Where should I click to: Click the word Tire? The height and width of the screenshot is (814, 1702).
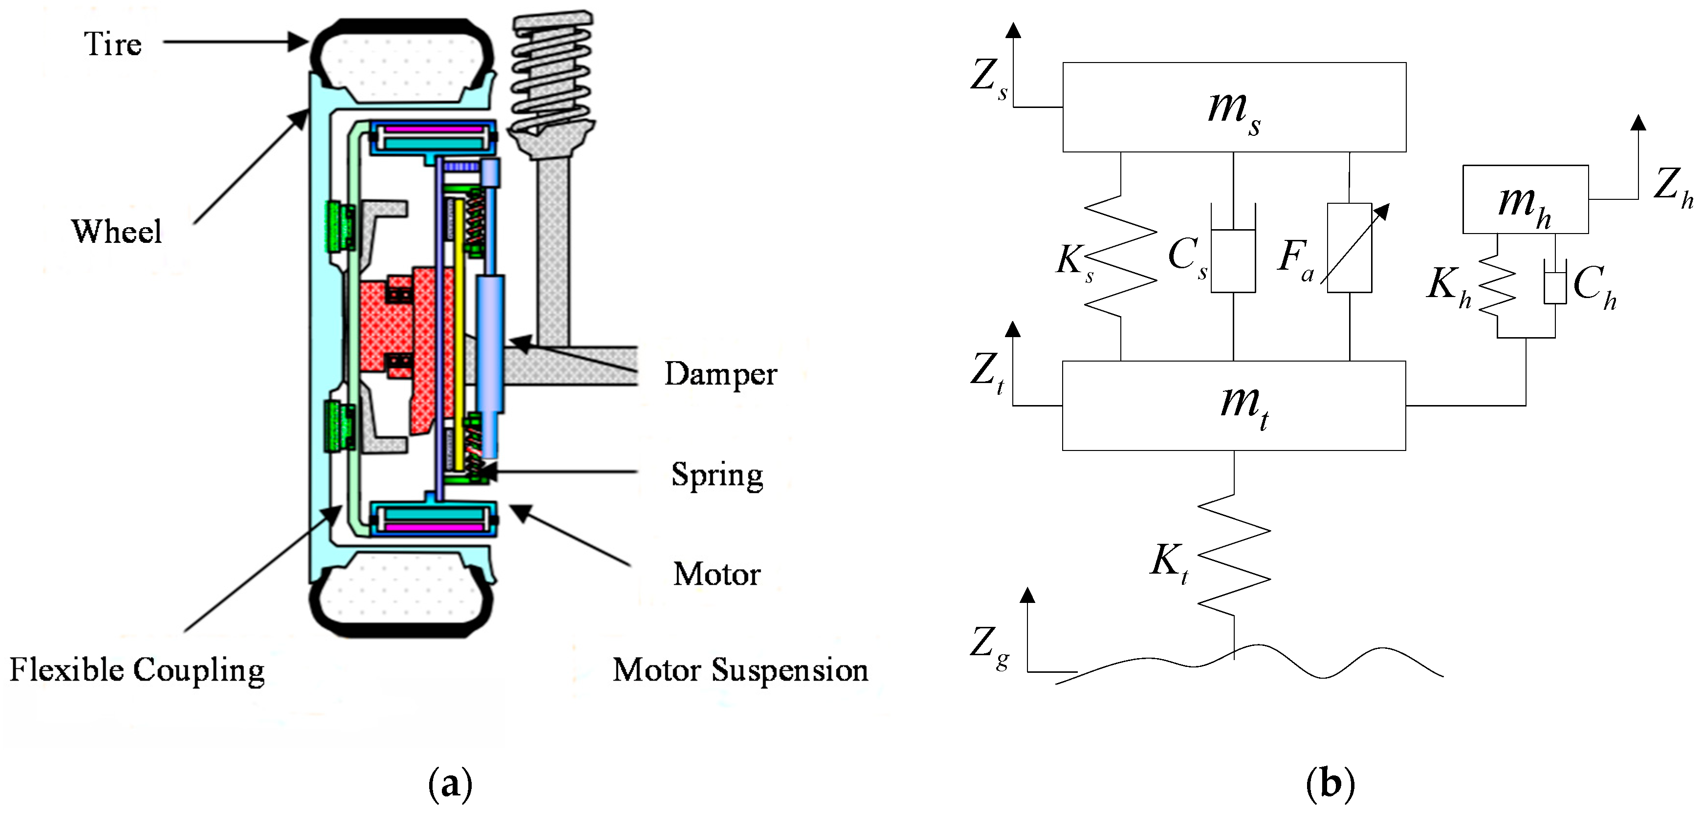(x=112, y=44)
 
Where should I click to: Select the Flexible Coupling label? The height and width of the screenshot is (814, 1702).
(x=137, y=670)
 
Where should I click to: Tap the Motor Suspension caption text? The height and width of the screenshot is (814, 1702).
(x=740, y=670)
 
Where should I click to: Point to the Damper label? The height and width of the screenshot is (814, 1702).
(x=720, y=374)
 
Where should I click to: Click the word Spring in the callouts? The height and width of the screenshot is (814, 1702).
(x=717, y=474)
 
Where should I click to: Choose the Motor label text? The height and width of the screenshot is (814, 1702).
(x=717, y=574)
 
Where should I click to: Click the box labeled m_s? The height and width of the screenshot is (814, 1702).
(x=1234, y=107)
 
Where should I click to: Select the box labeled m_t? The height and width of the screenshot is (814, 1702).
(x=1234, y=406)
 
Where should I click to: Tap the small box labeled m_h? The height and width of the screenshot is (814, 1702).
(x=1525, y=199)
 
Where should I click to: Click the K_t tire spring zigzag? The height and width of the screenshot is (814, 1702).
(x=1234, y=555)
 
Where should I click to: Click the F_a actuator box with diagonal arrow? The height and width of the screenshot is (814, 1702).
(x=1349, y=248)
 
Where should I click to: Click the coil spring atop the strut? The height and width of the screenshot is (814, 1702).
(x=552, y=73)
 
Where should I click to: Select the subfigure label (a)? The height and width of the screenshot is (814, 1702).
(x=450, y=784)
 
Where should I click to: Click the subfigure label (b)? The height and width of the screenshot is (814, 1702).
(x=1330, y=784)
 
